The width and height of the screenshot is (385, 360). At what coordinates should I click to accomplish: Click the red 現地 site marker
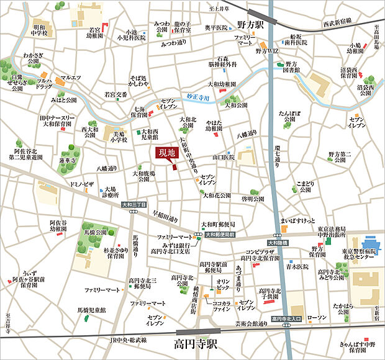click(167, 153)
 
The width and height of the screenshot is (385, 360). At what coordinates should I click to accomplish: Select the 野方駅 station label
click(251, 27)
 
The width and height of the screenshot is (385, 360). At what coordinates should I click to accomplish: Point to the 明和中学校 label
click(40, 32)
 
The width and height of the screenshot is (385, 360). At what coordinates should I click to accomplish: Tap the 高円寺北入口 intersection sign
click(286, 319)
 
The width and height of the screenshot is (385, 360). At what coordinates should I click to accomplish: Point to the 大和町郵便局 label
click(217, 223)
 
